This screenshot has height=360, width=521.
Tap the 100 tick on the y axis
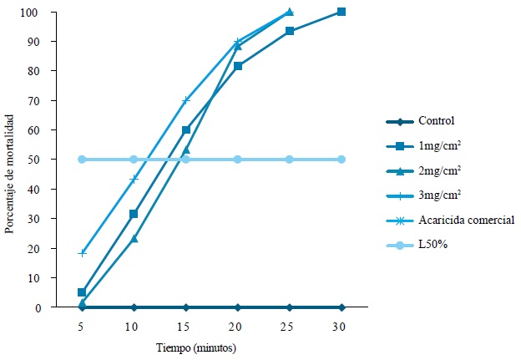53,13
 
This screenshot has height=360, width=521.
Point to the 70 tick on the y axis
55,101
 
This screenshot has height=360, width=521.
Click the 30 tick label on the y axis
55,219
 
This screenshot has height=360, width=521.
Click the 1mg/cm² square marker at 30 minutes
341,12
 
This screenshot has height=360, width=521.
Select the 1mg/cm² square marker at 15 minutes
186,130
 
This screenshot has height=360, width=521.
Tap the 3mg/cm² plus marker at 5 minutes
82,252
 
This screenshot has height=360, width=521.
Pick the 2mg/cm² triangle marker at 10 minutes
134,239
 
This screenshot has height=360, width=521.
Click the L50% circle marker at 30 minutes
341,159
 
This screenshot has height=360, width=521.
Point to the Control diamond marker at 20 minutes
238,307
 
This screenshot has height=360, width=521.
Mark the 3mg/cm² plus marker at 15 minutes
186,100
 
